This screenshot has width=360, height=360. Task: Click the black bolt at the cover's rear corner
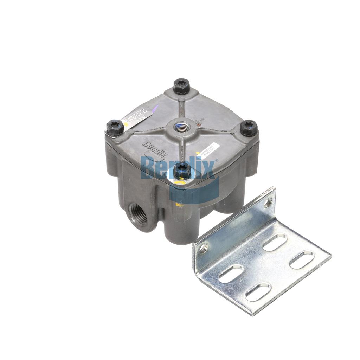[x=182, y=86]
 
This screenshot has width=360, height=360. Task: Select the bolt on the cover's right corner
[x=249, y=128]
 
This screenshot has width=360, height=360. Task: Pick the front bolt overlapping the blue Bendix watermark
[x=182, y=171]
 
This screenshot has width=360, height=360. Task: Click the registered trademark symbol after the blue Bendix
[x=217, y=161]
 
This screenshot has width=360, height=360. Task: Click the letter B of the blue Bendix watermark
[x=148, y=168]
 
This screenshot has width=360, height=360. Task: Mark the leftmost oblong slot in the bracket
[x=231, y=274]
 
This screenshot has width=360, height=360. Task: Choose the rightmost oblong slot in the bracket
[x=302, y=259]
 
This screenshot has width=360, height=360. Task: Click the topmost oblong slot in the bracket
[x=275, y=242]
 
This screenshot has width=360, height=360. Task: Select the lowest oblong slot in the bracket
[x=258, y=291]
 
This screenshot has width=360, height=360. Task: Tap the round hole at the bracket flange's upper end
[x=268, y=202]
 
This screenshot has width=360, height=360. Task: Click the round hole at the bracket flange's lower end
[x=204, y=249]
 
